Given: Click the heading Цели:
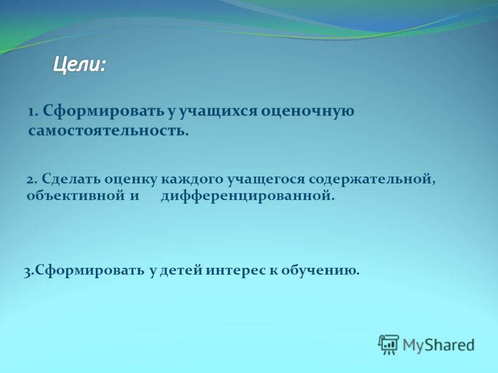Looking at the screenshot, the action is tap(79, 66).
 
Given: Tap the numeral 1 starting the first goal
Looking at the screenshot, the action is tap(31, 113).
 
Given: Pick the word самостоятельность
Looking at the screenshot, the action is tap(108, 131).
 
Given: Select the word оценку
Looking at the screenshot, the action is tap(131, 180).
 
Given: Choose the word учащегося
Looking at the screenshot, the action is tap(266, 180).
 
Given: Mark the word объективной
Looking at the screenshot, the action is tap(76, 196).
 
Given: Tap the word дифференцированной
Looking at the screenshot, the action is tap(248, 196).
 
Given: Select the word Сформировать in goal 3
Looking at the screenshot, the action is tap(88, 271).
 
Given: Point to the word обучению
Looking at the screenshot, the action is tap(320, 271).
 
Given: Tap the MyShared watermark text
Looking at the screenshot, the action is tap(439, 345).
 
